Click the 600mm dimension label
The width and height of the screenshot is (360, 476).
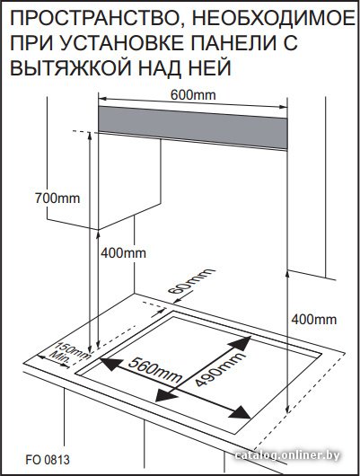(193, 95)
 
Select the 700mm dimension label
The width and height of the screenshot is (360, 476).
(57, 198)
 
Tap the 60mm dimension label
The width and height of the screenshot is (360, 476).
(191, 281)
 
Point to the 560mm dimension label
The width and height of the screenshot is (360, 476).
(154, 369)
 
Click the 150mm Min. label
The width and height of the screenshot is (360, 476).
(68, 354)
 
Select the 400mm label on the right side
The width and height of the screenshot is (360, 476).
(314, 320)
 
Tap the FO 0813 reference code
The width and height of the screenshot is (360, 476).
(48, 459)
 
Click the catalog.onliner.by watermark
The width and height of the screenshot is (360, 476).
(287, 455)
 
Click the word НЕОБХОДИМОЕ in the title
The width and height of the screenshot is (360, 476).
(274, 18)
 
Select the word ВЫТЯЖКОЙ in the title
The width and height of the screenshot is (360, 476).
(71, 67)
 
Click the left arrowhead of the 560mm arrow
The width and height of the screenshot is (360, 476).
(110, 364)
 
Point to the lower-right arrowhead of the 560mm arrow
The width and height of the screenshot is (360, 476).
(241, 412)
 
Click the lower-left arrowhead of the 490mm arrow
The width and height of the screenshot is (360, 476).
(165, 395)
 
